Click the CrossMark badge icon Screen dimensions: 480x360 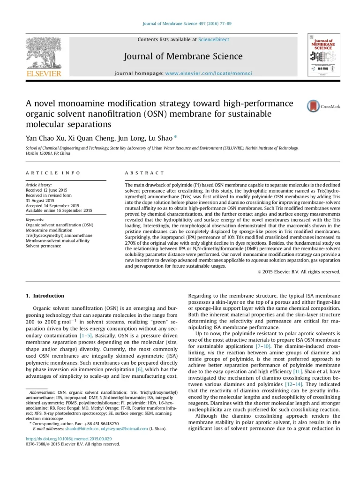pyautogui.click(x=313, y=106)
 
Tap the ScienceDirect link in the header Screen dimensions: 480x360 pyautogui.click(x=214, y=40)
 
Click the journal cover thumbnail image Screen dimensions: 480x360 pyautogui.click(x=323, y=54)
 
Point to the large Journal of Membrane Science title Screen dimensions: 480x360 pyautogui.click(x=183, y=57)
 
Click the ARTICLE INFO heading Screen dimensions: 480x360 pyautogui.click(x=53, y=173)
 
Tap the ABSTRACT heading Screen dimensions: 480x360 pyautogui.click(x=145, y=173)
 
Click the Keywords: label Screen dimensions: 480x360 pyautogui.click(x=35, y=219)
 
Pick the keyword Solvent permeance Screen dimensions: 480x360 pyautogui.click(x=43, y=246)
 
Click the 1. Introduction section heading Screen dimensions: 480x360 pyautogui.click(x=45, y=296)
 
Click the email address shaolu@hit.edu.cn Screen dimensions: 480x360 pyautogui.click(x=82, y=428)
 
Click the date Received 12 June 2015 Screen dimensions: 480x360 pyautogui.click(x=46, y=190)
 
